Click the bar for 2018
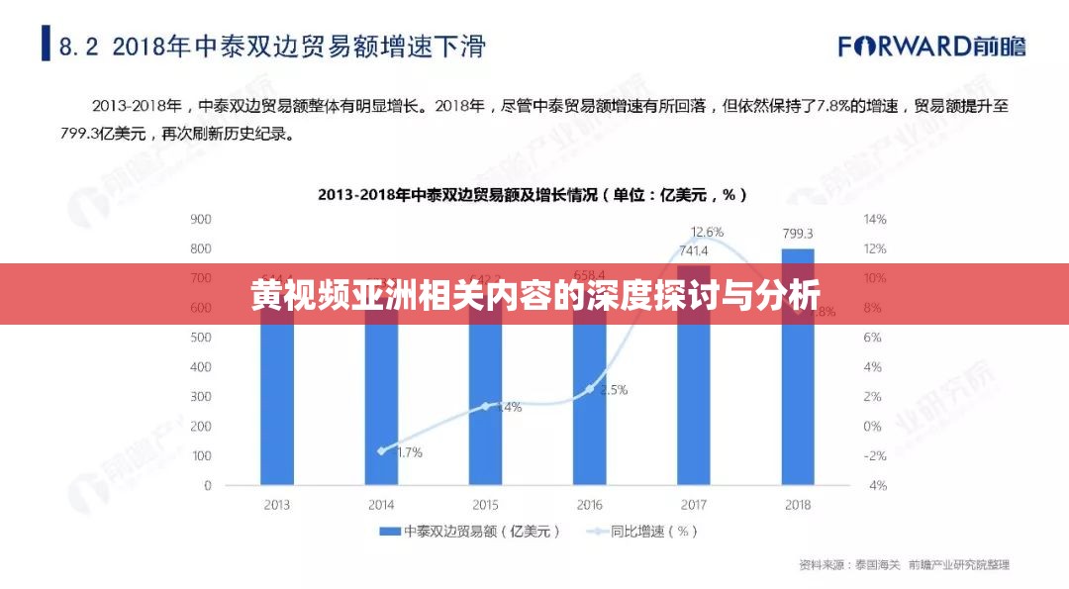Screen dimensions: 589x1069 point(797,396)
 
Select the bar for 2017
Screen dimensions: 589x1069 point(693,406)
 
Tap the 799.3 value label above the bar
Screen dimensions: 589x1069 point(797,234)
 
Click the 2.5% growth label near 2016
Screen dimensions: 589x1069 point(613,390)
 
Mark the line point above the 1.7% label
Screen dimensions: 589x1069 point(381,450)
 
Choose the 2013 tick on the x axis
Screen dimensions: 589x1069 point(277,505)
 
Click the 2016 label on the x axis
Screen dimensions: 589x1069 point(589,505)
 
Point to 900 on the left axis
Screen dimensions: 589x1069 point(201,219)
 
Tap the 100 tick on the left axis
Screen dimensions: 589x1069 point(201,456)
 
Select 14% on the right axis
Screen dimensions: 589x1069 point(875,219)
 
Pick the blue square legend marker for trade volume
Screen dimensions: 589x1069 point(389,532)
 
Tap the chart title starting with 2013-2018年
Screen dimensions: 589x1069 point(533,195)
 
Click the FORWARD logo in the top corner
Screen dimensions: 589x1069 point(931,46)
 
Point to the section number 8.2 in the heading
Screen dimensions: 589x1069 point(79,46)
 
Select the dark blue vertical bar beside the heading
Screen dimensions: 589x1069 point(46,44)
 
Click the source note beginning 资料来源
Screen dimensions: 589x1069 point(904,565)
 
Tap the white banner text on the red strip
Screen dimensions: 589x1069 point(534,294)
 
